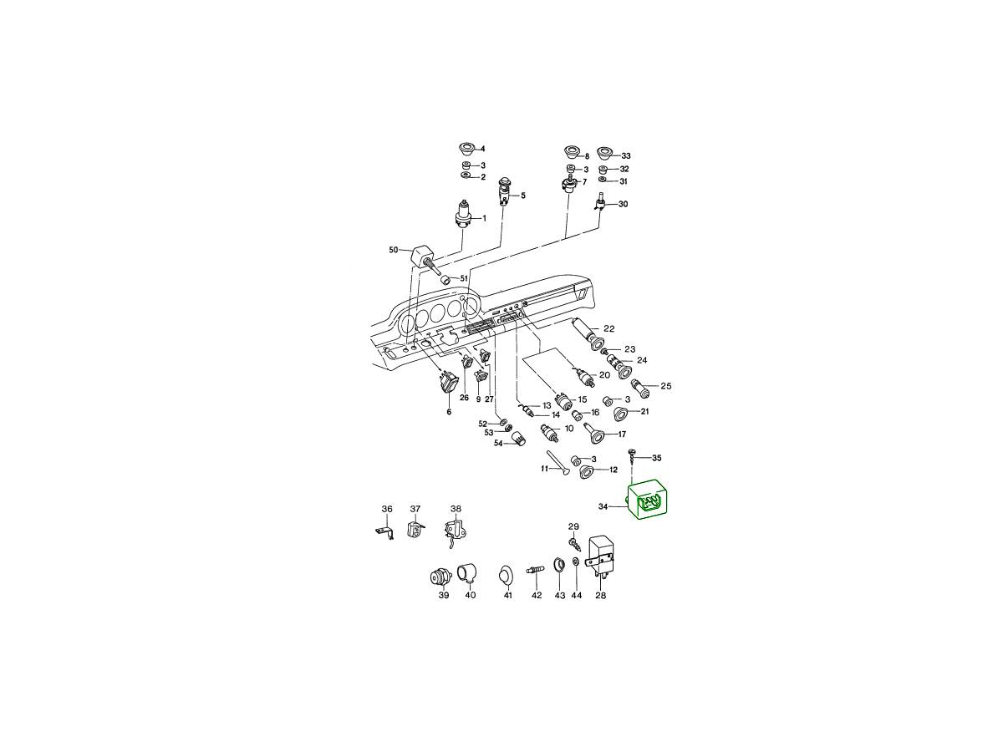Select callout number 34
(603, 506)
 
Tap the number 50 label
(394, 250)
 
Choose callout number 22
(609, 328)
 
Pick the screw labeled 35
(632, 456)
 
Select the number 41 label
(508, 596)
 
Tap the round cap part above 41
(505, 575)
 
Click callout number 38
(456, 509)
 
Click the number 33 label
(625, 156)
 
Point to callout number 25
(666, 386)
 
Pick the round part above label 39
(440, 577)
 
